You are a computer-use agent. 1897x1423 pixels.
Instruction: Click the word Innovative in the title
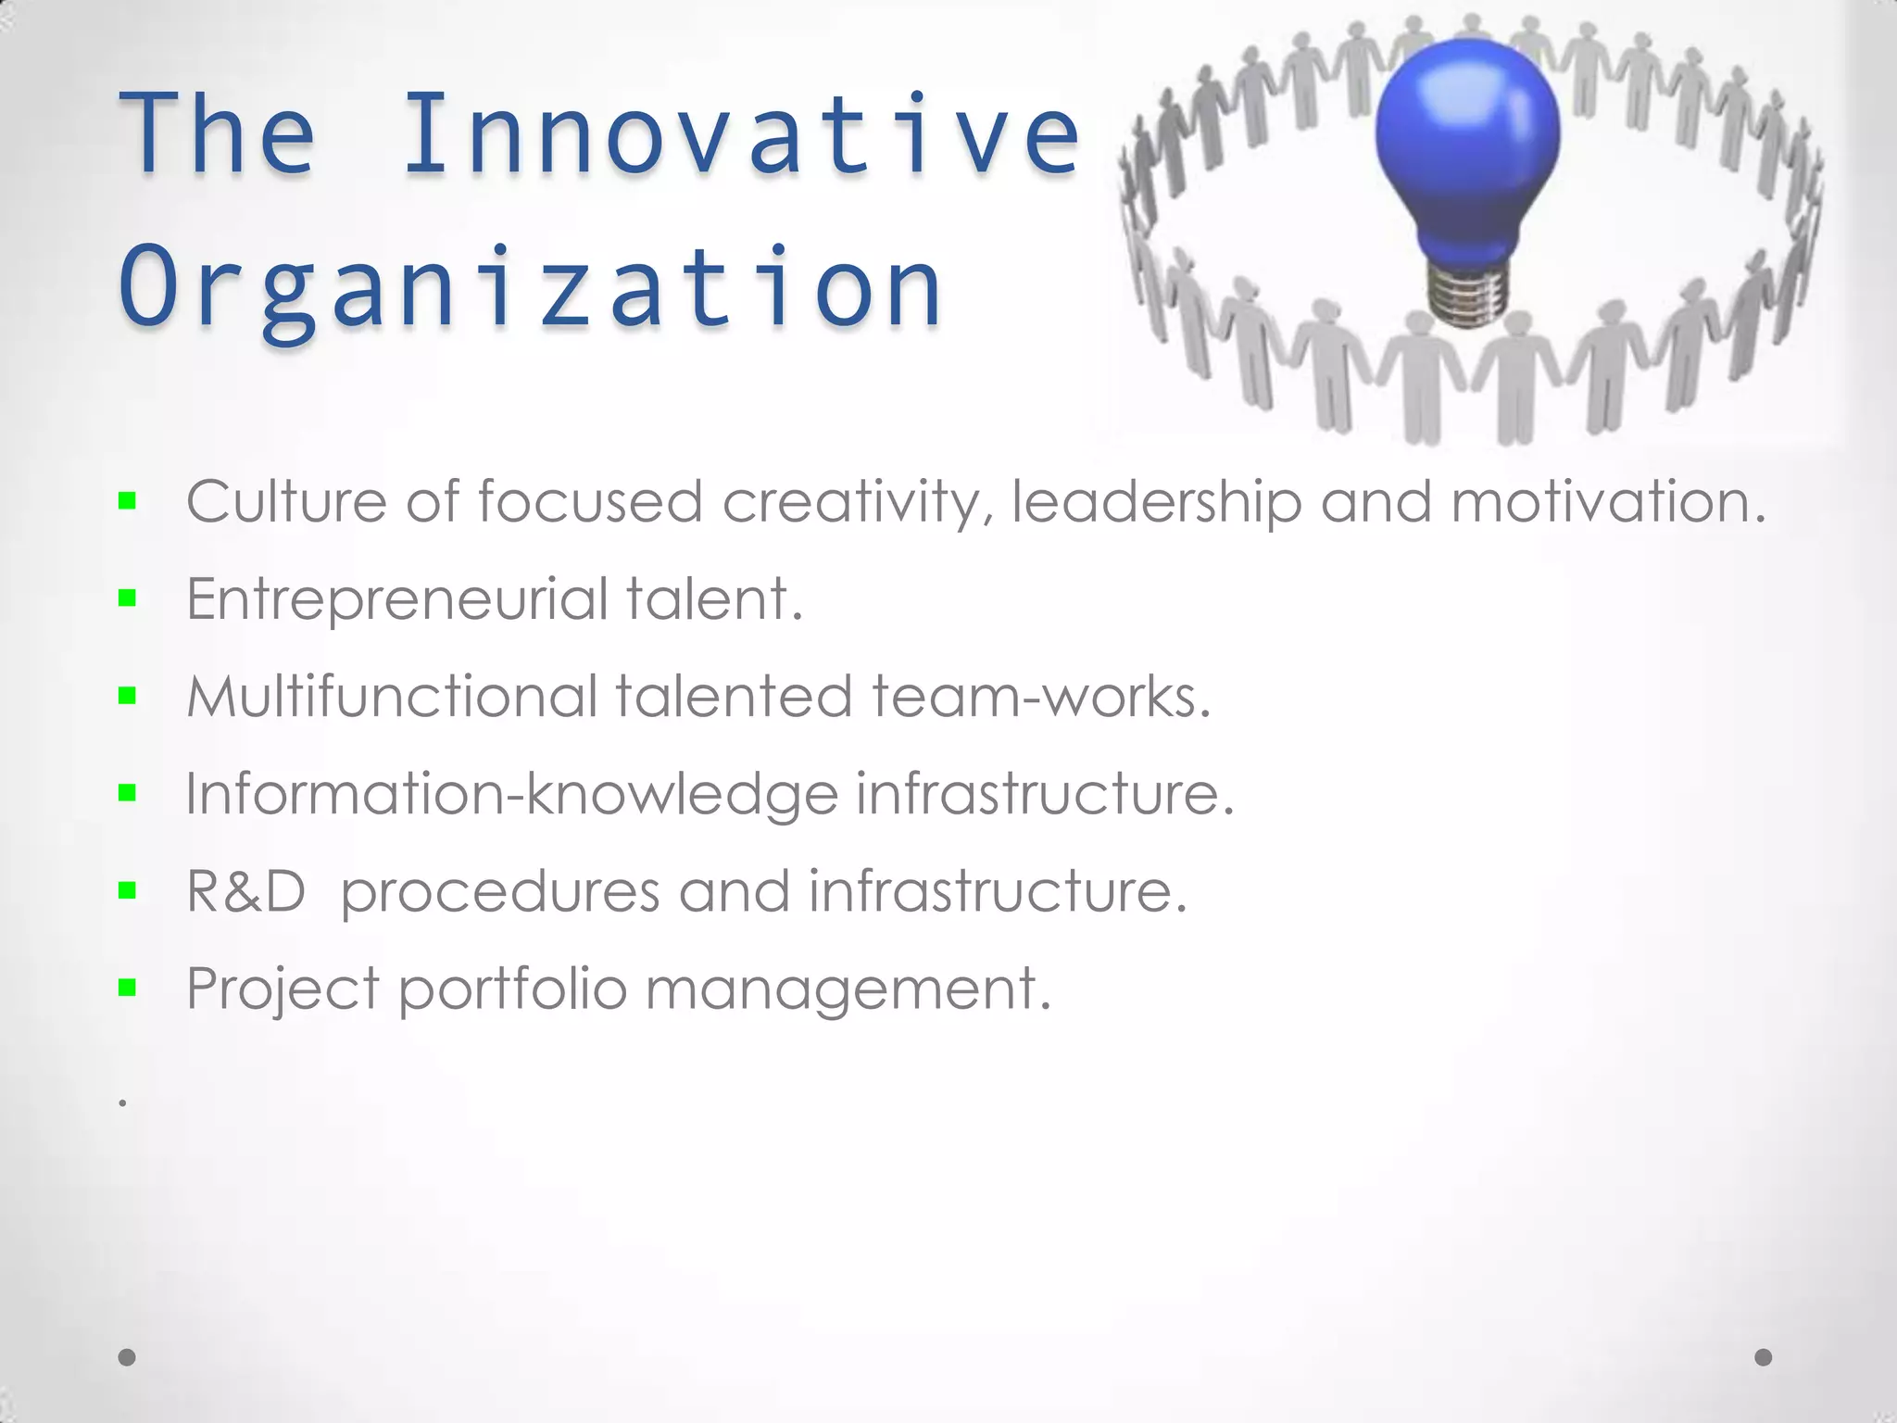pos(741,134)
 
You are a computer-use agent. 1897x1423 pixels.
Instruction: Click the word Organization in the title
pos(530,287)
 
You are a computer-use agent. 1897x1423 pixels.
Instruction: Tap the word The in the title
pos(219,134)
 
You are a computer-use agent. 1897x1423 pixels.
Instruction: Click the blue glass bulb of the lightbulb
pos(1466,139)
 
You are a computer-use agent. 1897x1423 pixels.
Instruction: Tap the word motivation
pos(1608,502)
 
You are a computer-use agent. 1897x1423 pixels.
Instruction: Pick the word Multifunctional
pos(392,697)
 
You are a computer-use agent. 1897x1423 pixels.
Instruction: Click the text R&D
pos(245,891)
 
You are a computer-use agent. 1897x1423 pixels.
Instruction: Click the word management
pos(848,989)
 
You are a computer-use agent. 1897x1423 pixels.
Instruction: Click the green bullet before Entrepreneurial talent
pos(128,599)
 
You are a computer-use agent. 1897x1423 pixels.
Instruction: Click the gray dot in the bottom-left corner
pos(128,1357)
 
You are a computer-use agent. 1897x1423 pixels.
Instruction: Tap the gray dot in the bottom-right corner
pos(1764,1357)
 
